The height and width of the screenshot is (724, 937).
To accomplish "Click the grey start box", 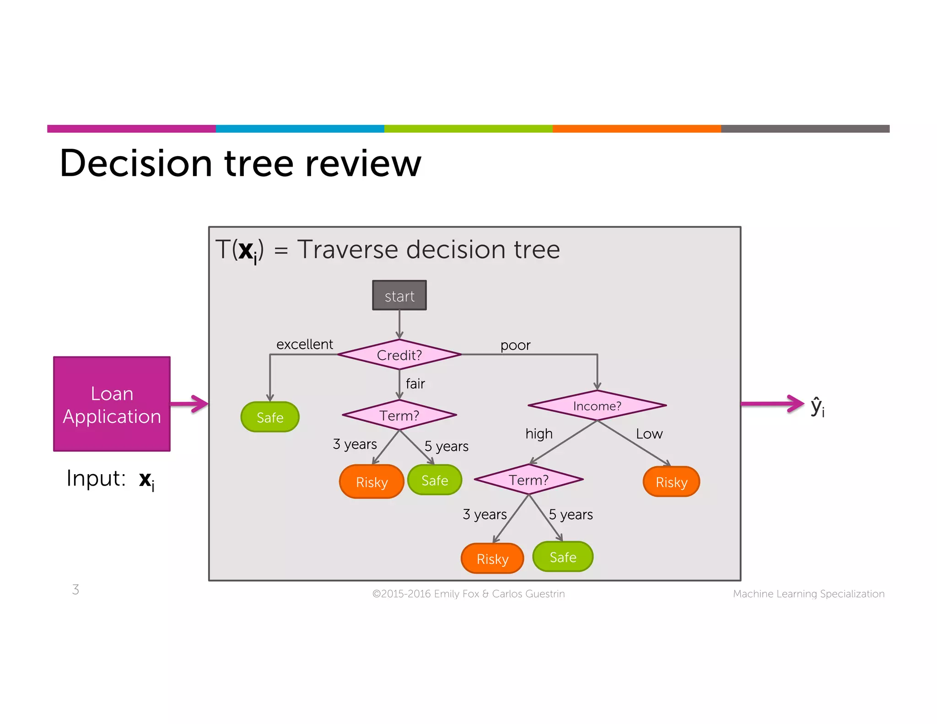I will coord(399,296).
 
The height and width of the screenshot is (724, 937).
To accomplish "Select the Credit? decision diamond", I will coord(399,355).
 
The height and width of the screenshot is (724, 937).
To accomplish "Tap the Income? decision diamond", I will coord(597,405).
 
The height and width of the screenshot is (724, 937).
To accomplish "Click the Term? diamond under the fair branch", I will coord(399,415).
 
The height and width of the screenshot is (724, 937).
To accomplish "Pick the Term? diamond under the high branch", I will coord(528,480).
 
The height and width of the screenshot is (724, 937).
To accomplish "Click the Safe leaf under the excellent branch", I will coord(270,417).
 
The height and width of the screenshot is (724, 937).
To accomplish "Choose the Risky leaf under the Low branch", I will coord(671,481).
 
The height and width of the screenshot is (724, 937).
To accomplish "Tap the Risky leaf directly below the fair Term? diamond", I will coord(372,481).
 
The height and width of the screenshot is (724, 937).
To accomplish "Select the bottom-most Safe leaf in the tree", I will coord(563,557).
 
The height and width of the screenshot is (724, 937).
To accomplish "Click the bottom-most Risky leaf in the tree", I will coord(492,558).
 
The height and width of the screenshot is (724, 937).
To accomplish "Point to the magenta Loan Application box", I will coord(112,404).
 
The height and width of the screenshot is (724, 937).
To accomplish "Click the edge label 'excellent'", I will coord(305,344).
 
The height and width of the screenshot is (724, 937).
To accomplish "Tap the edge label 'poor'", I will coord(515,345).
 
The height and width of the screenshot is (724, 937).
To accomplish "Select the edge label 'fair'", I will coord(415,384).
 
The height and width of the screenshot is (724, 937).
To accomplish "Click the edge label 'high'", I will coord(539,433).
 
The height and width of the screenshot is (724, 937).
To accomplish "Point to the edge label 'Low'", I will coord(649,433).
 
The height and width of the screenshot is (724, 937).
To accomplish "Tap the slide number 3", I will coord(75,589).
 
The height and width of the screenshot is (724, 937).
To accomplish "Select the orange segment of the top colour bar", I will coord(636,129).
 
